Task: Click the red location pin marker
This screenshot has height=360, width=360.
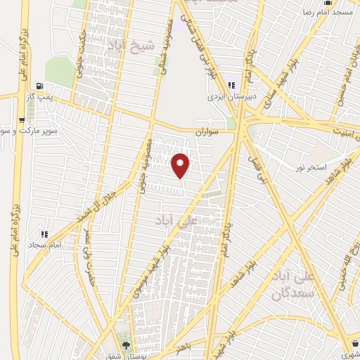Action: click(x=181, y=165)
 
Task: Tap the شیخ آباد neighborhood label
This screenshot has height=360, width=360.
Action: click(x=129, y=46)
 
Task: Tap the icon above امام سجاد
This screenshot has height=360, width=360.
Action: click(x=44, y=233)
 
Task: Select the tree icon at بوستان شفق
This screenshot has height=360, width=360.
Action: click(x=126, y=345)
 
